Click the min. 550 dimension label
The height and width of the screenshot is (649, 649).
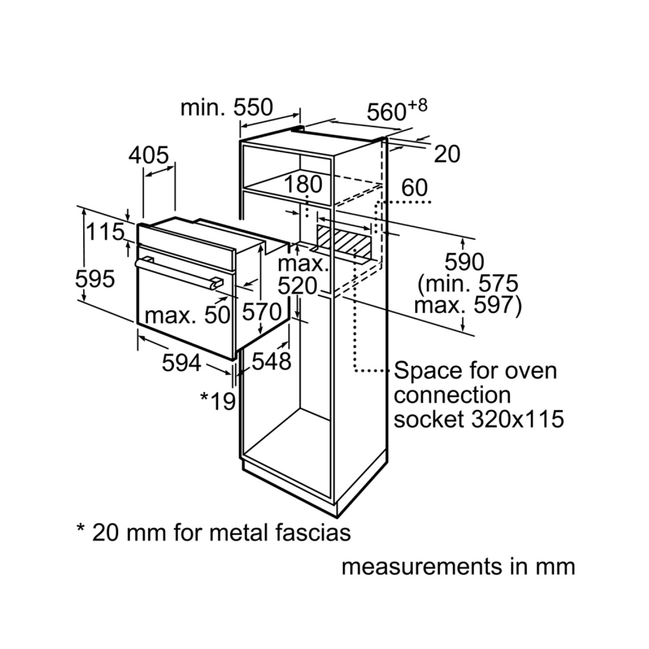(227, 107)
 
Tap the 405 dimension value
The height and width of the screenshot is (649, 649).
(149, 156)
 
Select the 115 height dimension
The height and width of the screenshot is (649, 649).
(105, 232)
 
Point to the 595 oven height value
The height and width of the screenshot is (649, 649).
(95, 278)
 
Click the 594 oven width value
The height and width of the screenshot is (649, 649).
(181, 363)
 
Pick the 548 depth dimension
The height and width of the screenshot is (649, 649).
(271, 361)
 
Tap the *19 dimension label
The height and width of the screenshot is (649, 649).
(218, 400)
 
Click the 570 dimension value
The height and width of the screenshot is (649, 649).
(262, 312)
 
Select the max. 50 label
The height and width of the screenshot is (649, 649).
(187, 315)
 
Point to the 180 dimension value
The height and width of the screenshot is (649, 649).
(302, 184)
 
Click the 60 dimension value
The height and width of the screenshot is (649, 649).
(414, 188)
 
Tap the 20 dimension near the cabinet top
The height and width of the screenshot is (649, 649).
(447, 154)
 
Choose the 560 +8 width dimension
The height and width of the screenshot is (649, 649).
(397, 110)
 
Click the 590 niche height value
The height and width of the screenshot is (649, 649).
(464, 262)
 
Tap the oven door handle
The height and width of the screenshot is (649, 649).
(179, 273)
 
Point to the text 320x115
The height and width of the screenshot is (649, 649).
(518, 419)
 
